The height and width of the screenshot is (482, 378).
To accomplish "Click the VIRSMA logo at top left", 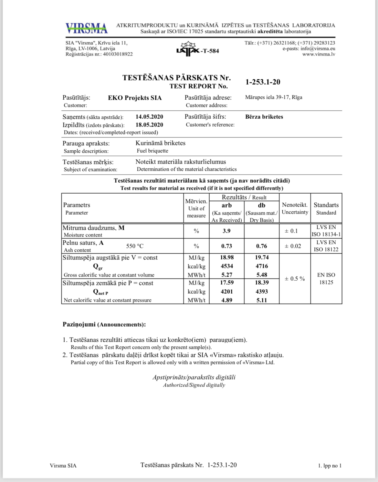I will [x=86, y=28].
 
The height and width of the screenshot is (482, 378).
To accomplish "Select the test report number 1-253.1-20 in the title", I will [x=263, y=82].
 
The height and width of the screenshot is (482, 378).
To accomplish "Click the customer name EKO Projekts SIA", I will [x=135, y=98].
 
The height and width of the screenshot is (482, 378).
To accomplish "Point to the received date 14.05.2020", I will [x=149, y=117].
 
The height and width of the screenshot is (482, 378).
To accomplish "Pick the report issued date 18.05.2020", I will [x=149, y=125].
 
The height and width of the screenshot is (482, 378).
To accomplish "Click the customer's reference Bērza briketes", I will [x=264, y=117].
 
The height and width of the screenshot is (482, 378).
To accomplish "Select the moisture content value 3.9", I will [x=226, y=231].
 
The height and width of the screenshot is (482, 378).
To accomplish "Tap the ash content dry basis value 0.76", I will [x=261, y=246].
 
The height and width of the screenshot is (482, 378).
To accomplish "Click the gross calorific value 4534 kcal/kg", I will [x=226, y=266].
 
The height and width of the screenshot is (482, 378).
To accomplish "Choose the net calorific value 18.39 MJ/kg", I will [x=261, y=283].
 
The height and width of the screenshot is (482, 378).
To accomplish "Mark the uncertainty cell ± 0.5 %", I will [x=295, y=279].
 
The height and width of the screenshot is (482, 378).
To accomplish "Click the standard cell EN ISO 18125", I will [x=326, y=279].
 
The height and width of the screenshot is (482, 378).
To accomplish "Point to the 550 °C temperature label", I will [x=135, y=246].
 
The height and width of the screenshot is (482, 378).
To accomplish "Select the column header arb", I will [x=226, y=205].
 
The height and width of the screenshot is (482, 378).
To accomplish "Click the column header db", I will [x=261, y=205].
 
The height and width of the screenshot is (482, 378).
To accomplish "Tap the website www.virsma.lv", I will [x=319, y=54].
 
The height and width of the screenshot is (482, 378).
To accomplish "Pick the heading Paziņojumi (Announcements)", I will [x=104, y=325].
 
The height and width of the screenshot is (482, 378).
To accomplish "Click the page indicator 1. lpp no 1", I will [x=330, y=466].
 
